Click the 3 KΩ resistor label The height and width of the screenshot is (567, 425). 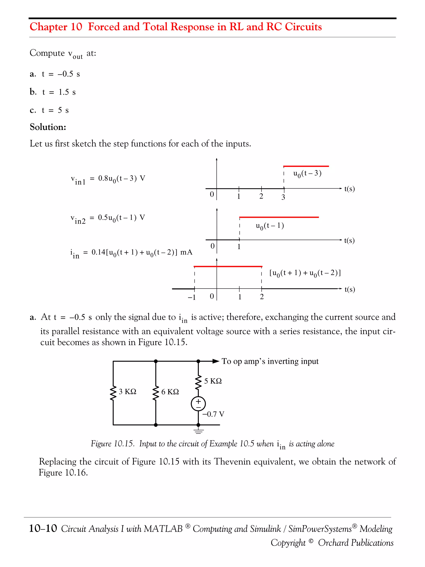point(127,391)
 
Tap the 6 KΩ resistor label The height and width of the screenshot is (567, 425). point(170,392)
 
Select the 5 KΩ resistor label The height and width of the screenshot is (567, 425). point(213,381)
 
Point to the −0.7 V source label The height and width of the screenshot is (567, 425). point(213,414)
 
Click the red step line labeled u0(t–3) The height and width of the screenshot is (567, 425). point(306,166)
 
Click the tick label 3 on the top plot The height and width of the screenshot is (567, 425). point(283,197)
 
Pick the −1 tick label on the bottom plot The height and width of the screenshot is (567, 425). point(192,297)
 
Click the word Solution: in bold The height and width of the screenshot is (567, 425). point(48,127)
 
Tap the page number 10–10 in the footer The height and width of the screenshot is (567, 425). point(43,528)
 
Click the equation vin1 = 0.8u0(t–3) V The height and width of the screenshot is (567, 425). point(108,179)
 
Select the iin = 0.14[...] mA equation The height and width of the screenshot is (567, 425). point(131,253)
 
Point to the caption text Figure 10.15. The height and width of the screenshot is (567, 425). point(112,444)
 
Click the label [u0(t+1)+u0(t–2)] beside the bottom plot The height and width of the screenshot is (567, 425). point(305,273)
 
